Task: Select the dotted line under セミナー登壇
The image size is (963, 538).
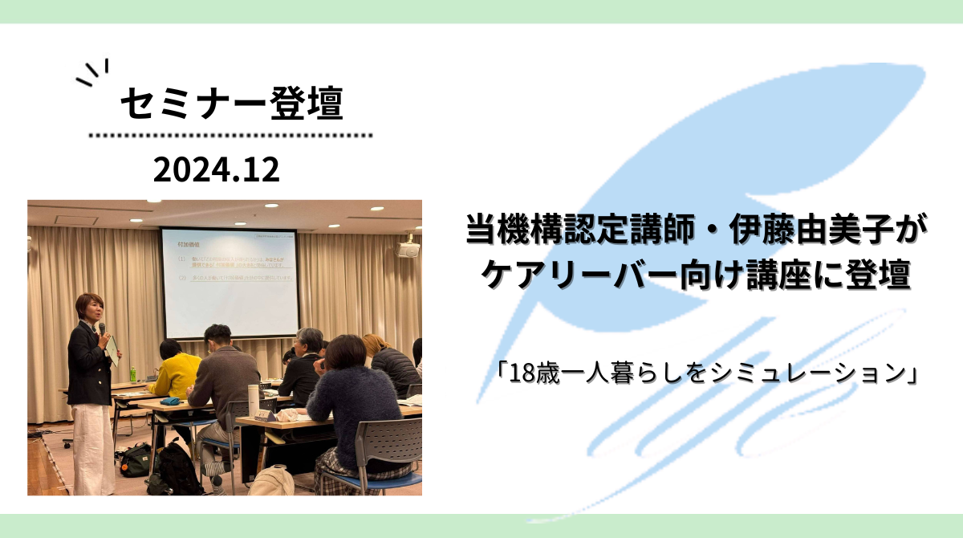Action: click(230, 136)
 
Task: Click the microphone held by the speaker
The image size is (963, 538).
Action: click(102, 328)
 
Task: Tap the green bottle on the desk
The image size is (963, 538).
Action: click(133, 374)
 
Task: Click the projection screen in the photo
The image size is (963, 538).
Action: click(229, 282)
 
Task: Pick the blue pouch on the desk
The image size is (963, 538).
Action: click(170, 401)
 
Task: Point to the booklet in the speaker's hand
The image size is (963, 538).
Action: click(113, 347)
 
